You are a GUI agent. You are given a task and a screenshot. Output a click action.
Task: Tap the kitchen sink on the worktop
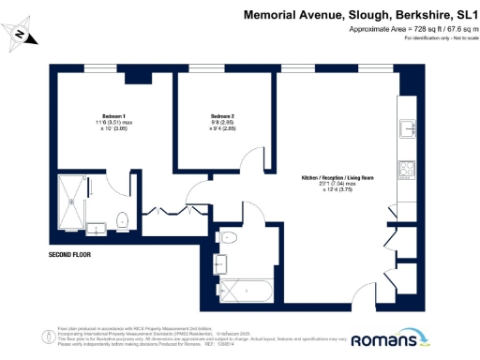pos(409,128)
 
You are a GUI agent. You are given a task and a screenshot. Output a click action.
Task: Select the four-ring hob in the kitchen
pos(409,171)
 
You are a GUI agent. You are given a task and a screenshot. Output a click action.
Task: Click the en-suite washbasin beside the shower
pos(96,228)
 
